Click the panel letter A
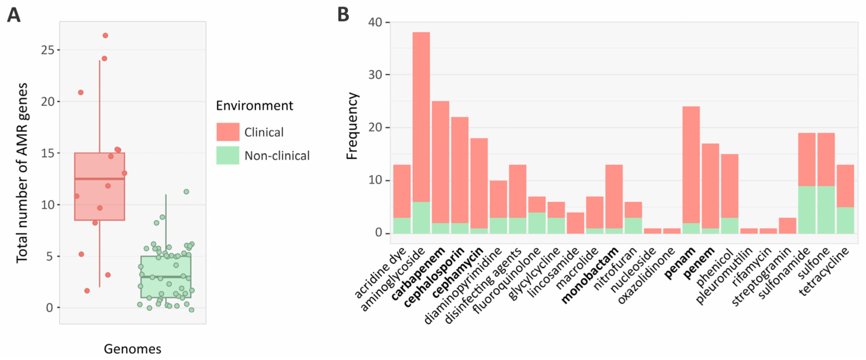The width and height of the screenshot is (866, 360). pyautogui.click(x=14, y=15)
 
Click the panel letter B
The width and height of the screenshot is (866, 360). pyautogui.click(x=343, y=15)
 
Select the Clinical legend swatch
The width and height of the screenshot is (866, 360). pyautogui.click(x=227, y=132)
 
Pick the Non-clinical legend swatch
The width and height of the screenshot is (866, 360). pyautogui.click(x=227, y=155)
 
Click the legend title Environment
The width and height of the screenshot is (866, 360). pyautogui.click(x=254, y=106)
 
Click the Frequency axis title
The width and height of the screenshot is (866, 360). pyautogui.click(x=352, y=126)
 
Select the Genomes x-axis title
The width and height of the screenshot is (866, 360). pyautogui.click(x=132, y=349)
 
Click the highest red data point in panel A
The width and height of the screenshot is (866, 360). pyautogui.click(x=105, y=36)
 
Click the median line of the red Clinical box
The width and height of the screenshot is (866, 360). pyautogui.click(x=100, y=179)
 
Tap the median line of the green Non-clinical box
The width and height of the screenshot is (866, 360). pyautogui.click(x=166, y=277)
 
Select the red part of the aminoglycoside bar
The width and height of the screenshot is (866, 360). pyautogui.click(x=421, y=116)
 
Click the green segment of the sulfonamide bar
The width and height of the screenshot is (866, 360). pyautogui.click(x=807, y=210)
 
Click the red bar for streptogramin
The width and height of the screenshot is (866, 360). pyautogui.click(x=787, y=226)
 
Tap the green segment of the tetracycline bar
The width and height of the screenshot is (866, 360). pyautogui.click(x=845, y=220)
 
